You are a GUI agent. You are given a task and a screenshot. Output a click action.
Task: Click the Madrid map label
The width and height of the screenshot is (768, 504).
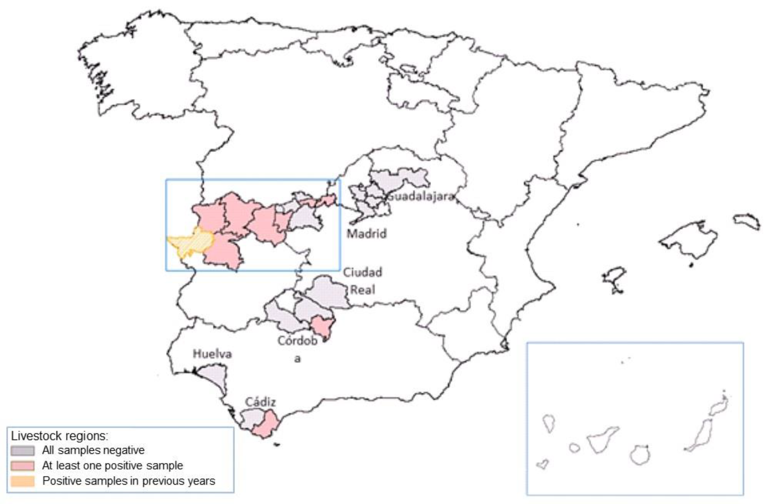point(366,234)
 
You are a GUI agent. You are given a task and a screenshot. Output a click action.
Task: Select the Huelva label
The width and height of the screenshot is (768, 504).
point(212,354)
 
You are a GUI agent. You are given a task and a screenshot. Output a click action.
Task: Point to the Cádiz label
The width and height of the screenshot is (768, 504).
point(260,402)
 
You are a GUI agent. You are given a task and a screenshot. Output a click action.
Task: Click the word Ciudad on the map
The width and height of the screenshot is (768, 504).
point(362,272)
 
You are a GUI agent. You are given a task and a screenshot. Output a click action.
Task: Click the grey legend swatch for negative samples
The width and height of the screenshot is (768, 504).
point(22,450)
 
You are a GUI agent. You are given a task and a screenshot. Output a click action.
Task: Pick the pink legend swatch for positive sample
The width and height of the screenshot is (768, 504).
point(22,466)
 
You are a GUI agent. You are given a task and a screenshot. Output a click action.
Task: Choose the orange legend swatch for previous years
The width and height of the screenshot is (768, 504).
point(22,481)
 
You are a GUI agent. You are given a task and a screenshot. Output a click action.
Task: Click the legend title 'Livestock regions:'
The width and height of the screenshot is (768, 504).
point(59,436)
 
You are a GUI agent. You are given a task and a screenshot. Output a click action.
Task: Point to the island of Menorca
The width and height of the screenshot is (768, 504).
point(747,221)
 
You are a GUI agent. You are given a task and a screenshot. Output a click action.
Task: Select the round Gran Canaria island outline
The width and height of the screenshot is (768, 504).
point(639,455)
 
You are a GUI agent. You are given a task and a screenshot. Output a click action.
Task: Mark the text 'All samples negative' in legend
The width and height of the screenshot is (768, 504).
point(93,450)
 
